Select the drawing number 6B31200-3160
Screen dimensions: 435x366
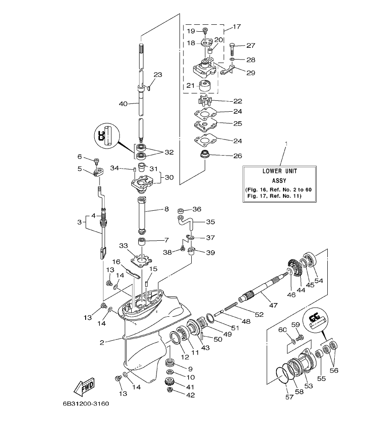(x=85, y=404)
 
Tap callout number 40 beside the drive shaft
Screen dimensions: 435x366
(x=124, y=103)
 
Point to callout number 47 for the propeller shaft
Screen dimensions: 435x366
(x=273, y=305)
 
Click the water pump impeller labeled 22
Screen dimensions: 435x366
(x=203, y=101)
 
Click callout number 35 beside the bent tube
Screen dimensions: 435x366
(x=210, y=222)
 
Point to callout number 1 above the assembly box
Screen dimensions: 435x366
(x=286, y=143)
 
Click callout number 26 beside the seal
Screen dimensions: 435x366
(x=237, y=156)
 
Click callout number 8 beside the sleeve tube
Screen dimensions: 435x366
(x=166, y=209)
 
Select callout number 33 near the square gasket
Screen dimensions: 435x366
(x=123, y=246)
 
